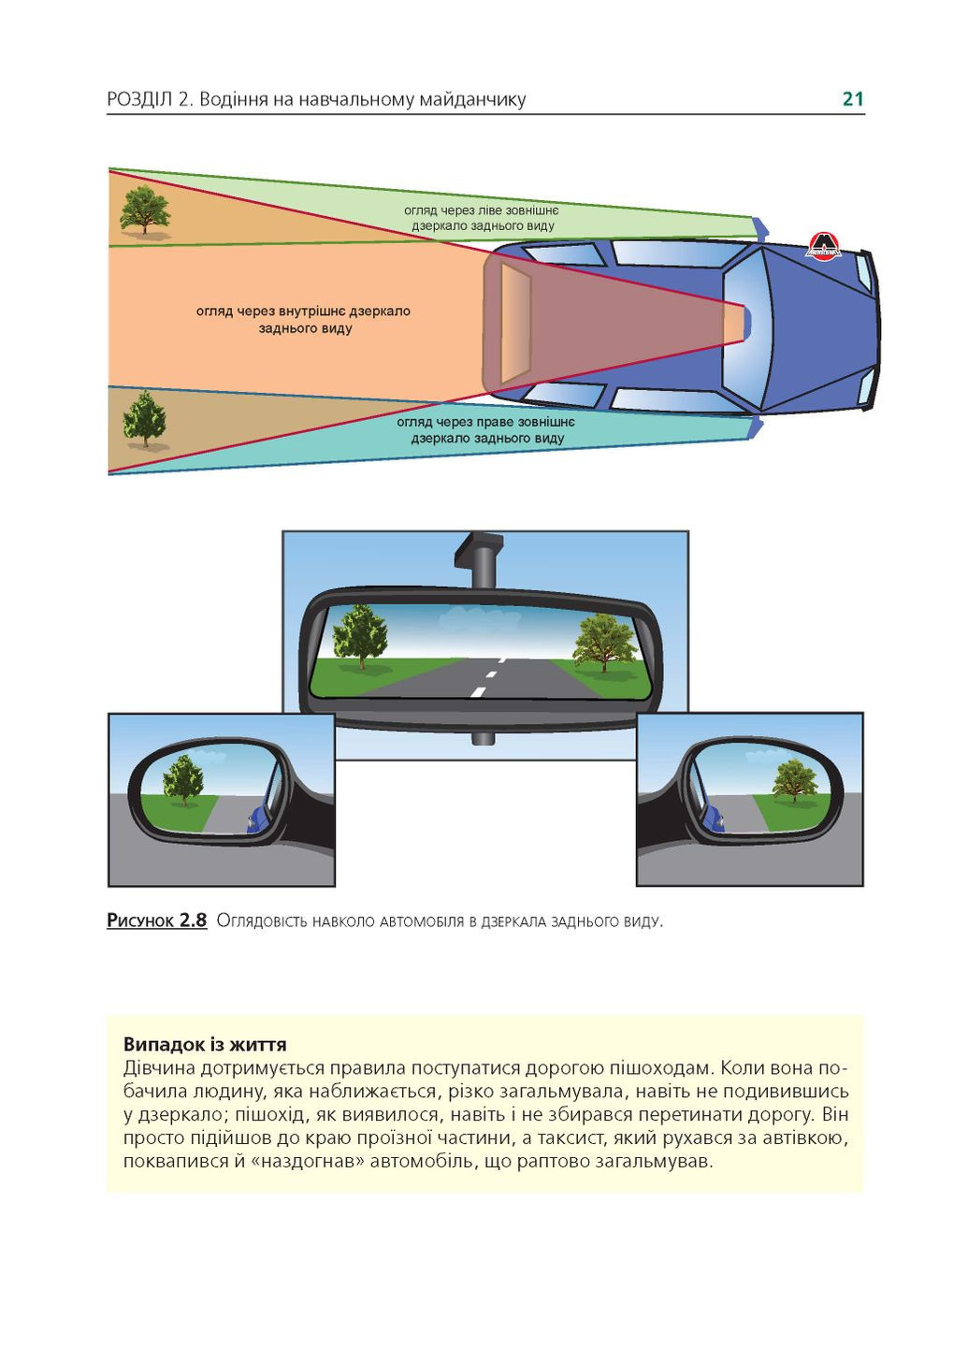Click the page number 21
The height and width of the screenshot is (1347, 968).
(x=852, y=99)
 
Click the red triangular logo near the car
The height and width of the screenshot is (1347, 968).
(x=824, y=246)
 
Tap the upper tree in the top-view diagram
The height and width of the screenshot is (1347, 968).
(x=145, y=210)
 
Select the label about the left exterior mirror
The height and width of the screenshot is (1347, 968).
(x=482, y=218)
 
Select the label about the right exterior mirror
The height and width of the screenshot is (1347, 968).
(x=486, y=430)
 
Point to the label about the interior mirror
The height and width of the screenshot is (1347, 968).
(x=303, y=320)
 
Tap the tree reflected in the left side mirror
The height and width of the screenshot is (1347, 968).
(x=183, y=780)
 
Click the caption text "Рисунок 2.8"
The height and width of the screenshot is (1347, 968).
(x=156, y=920)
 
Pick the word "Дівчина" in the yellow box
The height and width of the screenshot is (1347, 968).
(x=158, y=1068)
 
